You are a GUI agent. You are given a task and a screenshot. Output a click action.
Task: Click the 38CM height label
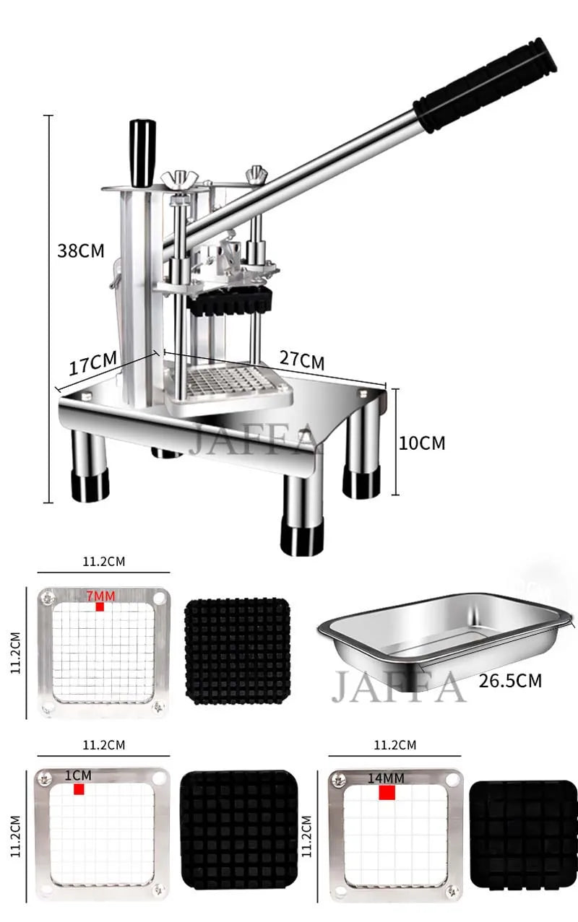pyautogui.click(x=80, y=251)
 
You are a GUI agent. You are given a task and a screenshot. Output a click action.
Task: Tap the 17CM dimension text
pyautogui.click(x=93, y=363)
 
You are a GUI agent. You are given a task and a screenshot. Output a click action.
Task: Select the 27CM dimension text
pyautogui.click(x=301, y=360)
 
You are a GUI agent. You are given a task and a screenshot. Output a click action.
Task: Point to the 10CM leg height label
pyautogui.click(x=422, y=443)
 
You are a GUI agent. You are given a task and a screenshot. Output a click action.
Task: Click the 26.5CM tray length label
pyautogui.click(x=509, y=681)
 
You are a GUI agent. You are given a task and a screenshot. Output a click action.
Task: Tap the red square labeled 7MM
pyautogui.click(x=100, y=607)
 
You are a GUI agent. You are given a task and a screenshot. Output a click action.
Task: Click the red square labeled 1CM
pyautogui.click(x=79, y=789)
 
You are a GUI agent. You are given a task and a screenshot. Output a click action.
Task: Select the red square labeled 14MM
pyautogui.click(x=387, y=793)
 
